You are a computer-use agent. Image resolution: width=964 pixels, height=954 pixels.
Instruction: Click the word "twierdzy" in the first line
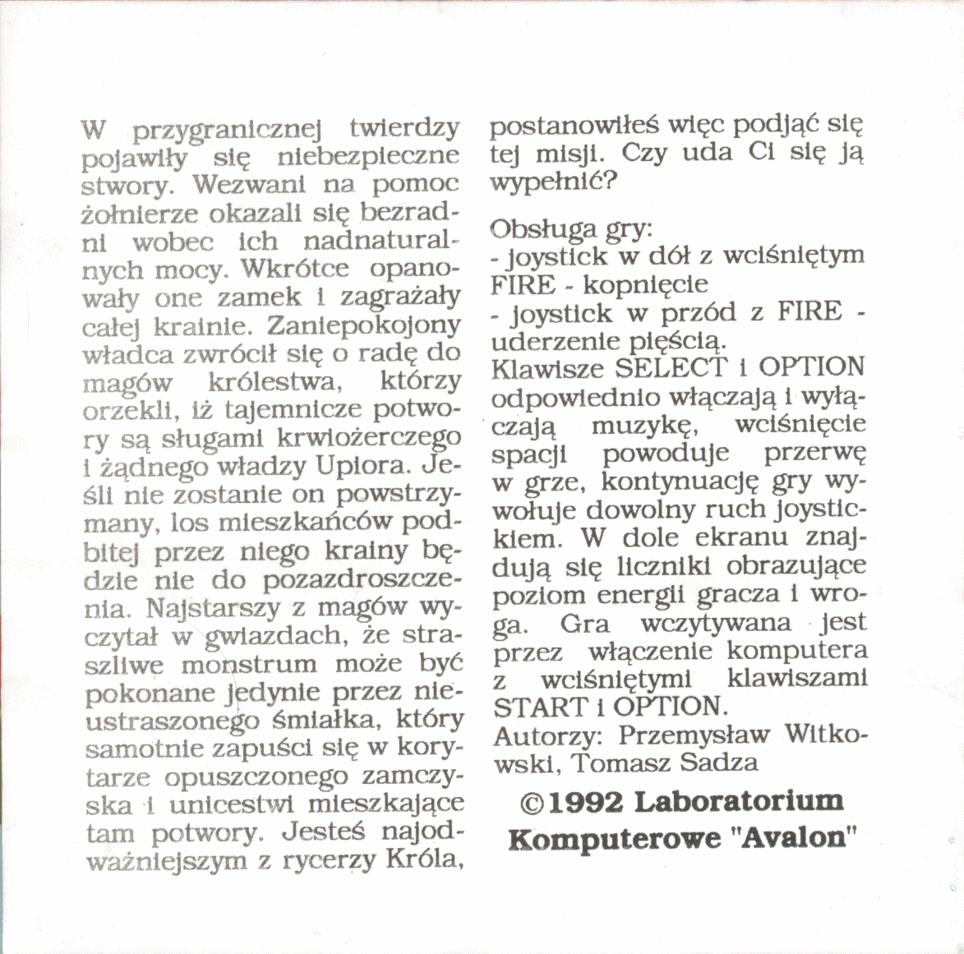(404, 130)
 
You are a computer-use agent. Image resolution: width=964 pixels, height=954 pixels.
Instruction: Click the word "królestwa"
(274, 383)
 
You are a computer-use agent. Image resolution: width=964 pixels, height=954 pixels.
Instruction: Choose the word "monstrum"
(248, 664)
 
